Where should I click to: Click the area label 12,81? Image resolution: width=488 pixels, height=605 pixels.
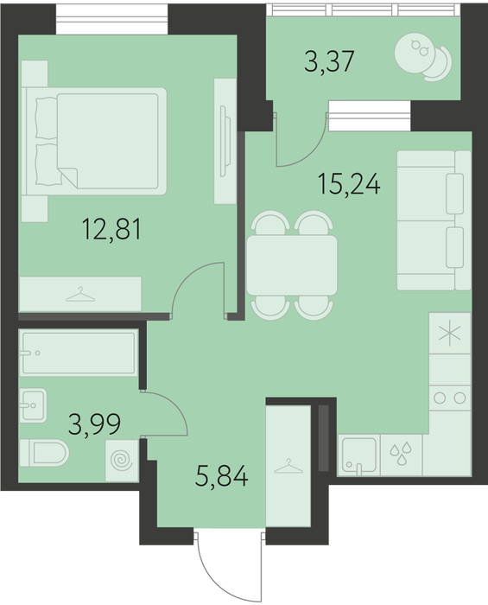[111, 229]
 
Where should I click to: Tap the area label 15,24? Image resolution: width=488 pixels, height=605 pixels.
[349, 184]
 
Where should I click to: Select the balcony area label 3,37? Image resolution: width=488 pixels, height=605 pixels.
[329, 61]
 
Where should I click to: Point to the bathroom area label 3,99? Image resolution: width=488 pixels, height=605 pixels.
[94, 423]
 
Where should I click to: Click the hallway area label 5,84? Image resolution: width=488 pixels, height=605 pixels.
[221, 476]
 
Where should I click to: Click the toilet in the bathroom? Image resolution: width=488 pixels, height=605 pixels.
[44, 453]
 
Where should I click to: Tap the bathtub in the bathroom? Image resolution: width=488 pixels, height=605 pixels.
[79, 353]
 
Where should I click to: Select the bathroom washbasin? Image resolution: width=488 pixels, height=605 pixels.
[33, 405]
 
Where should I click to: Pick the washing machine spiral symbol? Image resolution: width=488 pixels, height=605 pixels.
[122, 461]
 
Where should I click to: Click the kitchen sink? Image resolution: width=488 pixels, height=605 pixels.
[358, 455]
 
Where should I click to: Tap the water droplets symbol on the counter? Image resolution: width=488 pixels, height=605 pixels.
[401, 454]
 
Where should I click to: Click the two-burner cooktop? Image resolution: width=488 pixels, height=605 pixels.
[449, 398]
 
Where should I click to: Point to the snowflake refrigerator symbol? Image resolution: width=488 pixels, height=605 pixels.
[450, 334]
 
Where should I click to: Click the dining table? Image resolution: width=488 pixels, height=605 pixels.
[292, 265]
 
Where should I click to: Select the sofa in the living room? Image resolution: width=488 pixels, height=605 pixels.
[434, 220]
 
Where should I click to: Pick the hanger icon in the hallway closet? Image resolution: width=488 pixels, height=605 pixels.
[288, 467]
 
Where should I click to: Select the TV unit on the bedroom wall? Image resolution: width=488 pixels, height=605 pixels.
[225, 141]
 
